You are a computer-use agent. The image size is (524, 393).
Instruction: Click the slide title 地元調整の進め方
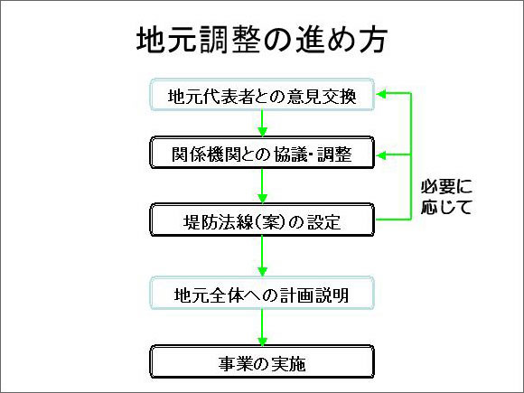point(262,41)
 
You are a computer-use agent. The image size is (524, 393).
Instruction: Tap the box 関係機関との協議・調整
point(261,154)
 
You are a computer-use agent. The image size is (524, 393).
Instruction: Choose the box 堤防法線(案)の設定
point(261,220)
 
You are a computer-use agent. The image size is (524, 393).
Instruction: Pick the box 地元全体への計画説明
point(261,295)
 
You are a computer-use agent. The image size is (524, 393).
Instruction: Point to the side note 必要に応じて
point(446,196)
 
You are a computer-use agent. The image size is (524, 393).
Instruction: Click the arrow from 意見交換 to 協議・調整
point(261,125)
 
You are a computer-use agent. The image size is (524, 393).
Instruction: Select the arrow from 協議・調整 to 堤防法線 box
point(261,186)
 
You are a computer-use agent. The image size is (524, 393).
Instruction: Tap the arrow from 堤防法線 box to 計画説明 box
point(261,257)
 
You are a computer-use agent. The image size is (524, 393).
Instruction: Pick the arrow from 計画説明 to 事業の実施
point(261,329)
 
